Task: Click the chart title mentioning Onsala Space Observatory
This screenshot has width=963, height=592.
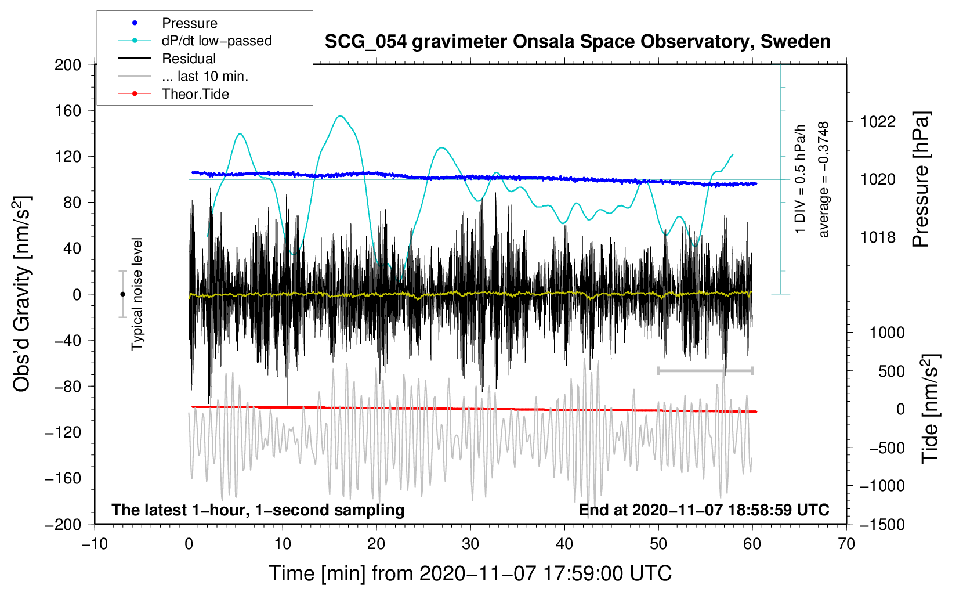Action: [x=577, y=42]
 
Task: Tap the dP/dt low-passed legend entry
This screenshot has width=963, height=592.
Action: [x=216, y=41]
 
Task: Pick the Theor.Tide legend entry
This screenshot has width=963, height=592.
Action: [x=195, y=94]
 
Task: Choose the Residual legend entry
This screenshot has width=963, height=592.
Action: [x=189, y=59]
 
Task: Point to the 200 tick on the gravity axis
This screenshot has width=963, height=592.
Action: [x=68, y=64]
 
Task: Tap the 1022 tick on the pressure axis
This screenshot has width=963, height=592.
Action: [x=878, y=122]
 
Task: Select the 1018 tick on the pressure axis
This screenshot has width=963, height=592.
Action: [x=878, y=237]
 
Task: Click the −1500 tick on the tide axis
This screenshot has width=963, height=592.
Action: [x=882, y=524]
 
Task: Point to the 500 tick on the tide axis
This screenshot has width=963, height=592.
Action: [x=891, y=371]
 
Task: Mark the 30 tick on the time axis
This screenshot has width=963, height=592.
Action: [x=470, y=544]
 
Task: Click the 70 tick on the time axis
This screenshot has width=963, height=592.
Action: [x=846, y=544]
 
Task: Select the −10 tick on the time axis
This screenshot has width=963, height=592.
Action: [x=95, y=544]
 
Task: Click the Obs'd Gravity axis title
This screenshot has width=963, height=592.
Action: [x=22, y=294]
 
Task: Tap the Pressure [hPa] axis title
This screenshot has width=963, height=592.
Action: [x=921, y=180]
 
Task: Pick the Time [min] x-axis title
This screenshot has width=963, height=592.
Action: [x=470, y=573]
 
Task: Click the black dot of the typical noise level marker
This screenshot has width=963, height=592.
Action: [x=122, y=294]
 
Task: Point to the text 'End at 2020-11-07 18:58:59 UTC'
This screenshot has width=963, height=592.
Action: [x=704, y=510]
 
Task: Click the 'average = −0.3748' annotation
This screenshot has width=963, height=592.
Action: [x=823, y=180]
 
